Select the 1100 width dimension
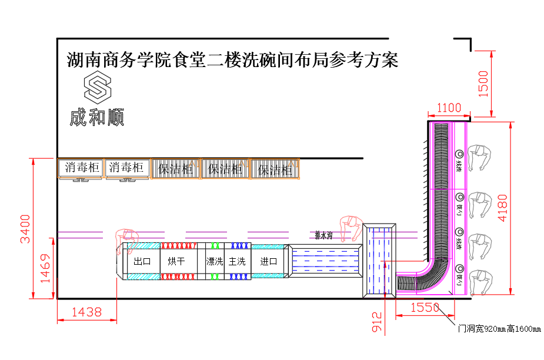click(448, 108)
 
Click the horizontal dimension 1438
click(86, 312)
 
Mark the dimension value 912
click(377, 323)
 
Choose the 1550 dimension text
click(425, 307)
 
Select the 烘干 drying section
click(176, 261)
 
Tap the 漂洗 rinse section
click(214, 261)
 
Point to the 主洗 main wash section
click(237, 261)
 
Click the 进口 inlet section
click(268, 261)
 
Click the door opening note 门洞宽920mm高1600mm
click(499, 328)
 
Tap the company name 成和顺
click(97, 118)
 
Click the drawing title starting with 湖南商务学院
click(232, 60)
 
